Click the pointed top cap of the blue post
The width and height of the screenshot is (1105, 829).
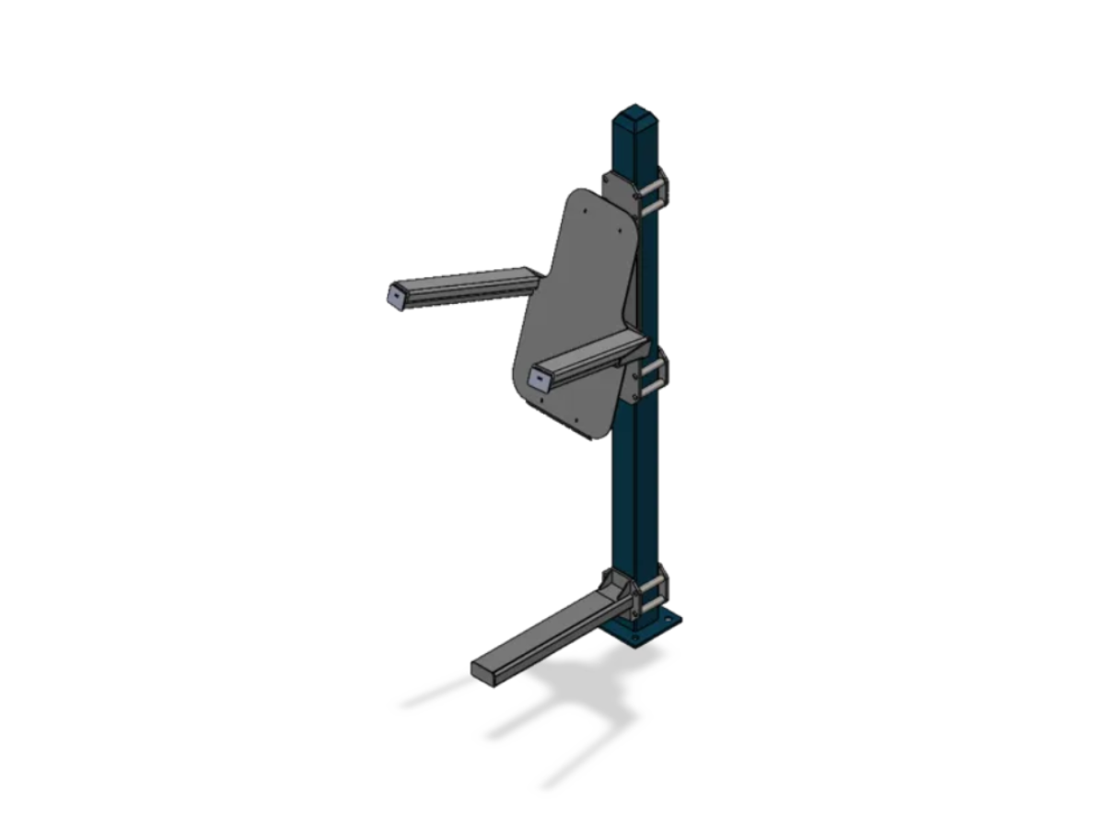pos(633,117)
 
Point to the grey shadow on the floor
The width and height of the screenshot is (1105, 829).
pos(552,709)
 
